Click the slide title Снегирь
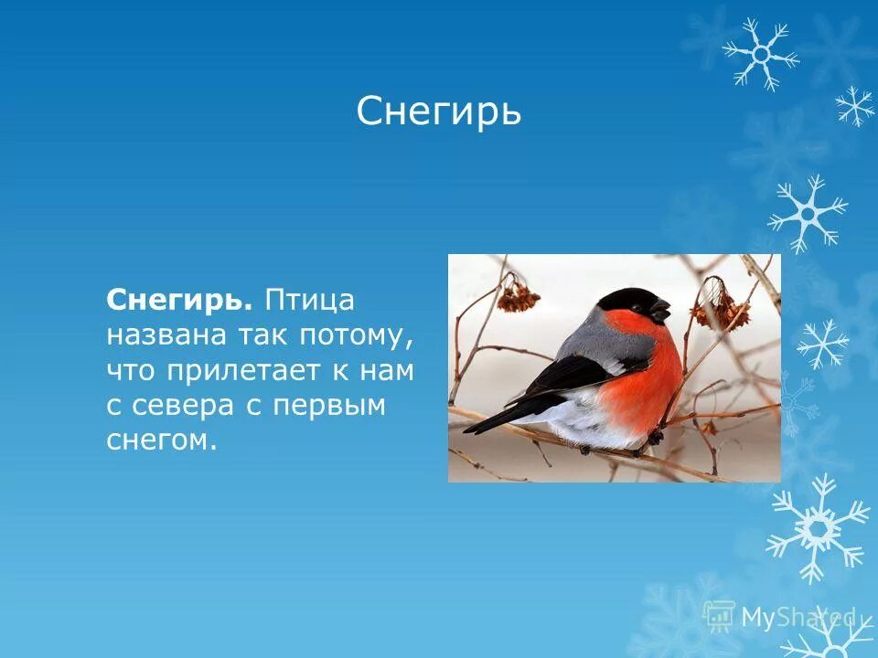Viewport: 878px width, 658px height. pos(438,112)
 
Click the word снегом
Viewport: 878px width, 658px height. pos(162,441)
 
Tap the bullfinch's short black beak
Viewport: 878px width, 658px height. pos(661,311)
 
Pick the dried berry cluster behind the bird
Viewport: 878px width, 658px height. pos(518,296)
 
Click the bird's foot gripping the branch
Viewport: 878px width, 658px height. pos(653,439)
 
